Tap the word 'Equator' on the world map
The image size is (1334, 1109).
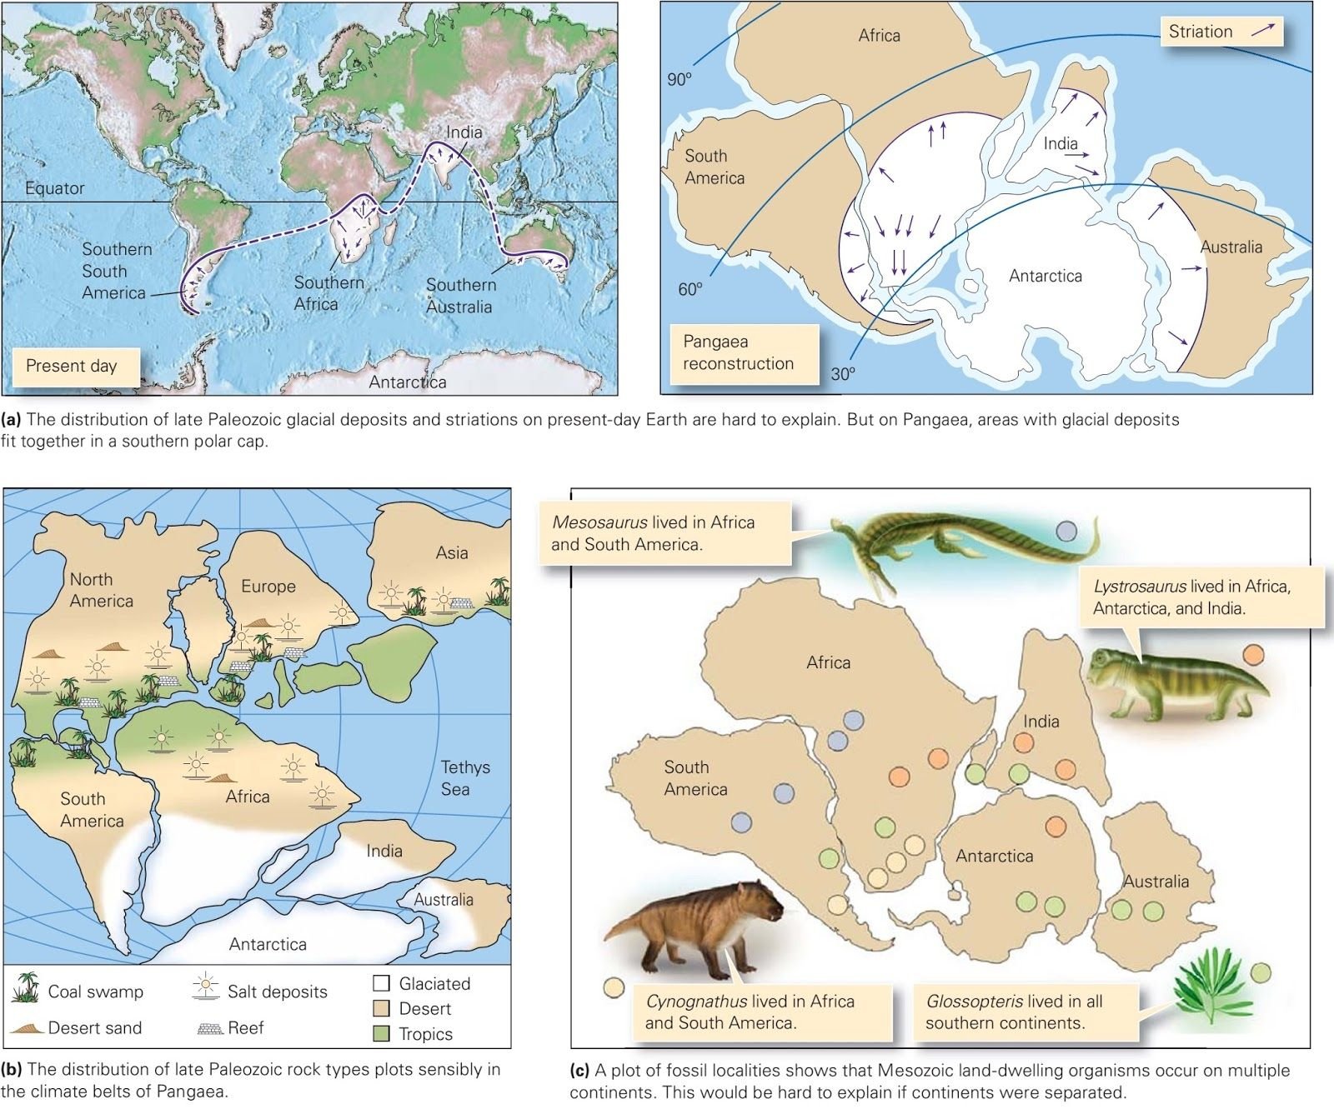(54, 188)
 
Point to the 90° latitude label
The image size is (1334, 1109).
(680, 79)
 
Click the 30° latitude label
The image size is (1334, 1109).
(843, 374)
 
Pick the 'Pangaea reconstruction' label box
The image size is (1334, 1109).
(739, 352)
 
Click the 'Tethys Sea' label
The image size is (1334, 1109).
(465, 777)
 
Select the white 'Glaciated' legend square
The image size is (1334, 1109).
(381, 983)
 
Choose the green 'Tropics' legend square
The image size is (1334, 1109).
(381, 1034)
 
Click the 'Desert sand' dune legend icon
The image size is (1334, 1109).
(27, 1027)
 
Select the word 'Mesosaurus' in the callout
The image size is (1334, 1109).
(599, 522)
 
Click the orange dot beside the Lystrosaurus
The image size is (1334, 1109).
(1252, 654)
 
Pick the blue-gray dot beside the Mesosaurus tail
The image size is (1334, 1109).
(1066, 529)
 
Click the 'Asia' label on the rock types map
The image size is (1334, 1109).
(452, 552)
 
